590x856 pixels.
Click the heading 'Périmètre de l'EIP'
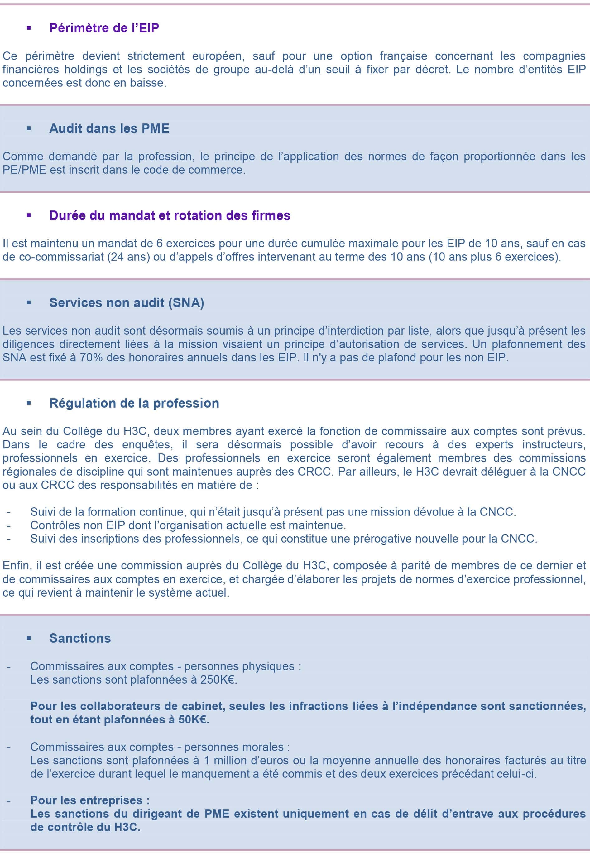click(104, 28)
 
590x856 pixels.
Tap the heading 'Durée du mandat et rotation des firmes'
click(170, 215)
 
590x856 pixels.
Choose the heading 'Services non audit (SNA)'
click(127, 302)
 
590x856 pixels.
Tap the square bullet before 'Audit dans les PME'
click(29, 129)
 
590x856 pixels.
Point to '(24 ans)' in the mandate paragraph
click(129, 257)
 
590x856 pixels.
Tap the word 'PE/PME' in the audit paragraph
click(24, 170)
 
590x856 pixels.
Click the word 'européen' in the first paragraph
click(217, 56)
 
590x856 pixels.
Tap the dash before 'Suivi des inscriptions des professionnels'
click(8, 539)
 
